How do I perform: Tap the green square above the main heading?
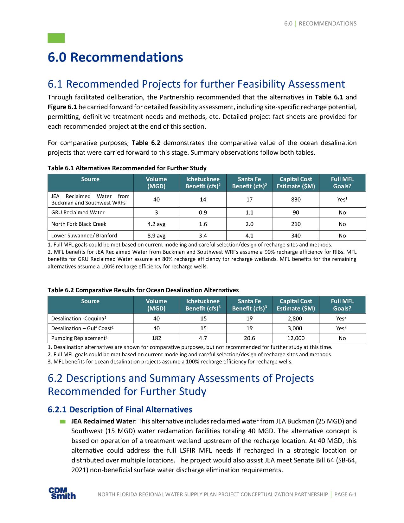[x=56, y=38]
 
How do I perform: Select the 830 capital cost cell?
[x=296, y=200]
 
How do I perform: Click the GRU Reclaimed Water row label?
[x=78, y=212]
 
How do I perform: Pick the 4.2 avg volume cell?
[x=156, y=224]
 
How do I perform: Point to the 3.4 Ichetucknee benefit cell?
[x=203, y=236]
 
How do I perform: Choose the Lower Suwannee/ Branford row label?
[x=84, y=236]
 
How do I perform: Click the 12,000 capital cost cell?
[x=296, y=338]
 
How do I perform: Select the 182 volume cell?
[x=156, y=338]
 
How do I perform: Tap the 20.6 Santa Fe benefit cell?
[x=249, y=338]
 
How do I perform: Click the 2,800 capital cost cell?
[x=296, y=319]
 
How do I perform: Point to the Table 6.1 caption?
[x=127, y=168]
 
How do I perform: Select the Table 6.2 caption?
[x=143, y=290]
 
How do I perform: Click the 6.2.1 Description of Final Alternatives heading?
[x=120, y=410]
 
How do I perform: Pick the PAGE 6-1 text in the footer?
[x=345, y=494]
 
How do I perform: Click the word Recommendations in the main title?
[x=126, y=57]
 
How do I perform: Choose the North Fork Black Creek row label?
[x=79, y=224]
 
